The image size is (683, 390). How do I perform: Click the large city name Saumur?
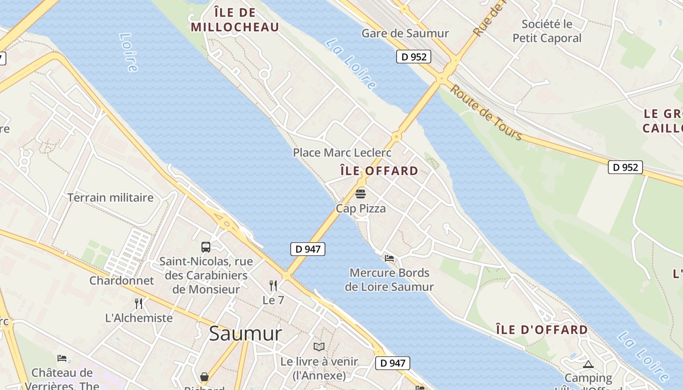coord(245,334)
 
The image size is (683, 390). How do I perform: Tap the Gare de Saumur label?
coord(405,34)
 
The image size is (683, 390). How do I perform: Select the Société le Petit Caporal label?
coord(547,31)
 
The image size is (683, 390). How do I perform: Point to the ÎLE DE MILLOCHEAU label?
coord(235,19)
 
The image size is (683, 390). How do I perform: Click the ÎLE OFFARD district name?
coord(379,171)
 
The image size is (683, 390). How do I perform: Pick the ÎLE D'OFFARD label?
coord(542,330)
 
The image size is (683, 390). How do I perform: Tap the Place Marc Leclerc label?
coord(342,153)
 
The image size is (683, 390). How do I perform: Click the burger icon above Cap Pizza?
coord(361,194)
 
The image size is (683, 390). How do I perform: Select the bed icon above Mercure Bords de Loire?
coord(389,258)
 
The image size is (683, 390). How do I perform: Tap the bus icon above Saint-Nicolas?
coord(206,247)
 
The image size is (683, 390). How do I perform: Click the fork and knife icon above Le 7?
coord(273,286)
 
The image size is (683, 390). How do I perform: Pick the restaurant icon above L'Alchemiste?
coord(139,303)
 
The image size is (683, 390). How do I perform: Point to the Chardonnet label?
coord(121,281)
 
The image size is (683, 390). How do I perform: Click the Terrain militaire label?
coord(110,197)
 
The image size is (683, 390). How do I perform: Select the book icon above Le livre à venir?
coord(319,347)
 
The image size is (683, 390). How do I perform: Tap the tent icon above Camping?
coord(588,364)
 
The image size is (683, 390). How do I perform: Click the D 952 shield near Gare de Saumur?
coord(414,57)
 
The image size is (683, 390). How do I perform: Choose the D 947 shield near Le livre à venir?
coord(392,363)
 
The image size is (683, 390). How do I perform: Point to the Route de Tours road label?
coord(485,112)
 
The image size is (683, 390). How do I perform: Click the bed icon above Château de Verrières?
coord(62,358)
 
